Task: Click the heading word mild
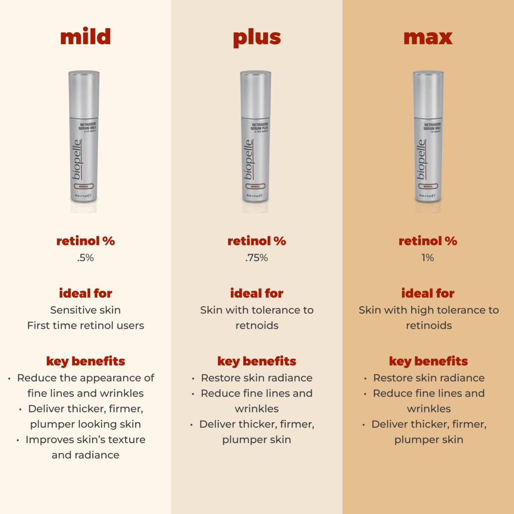click(x=85, y=37)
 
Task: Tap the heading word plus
click(x=256, y=38)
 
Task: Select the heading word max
click(x=428, y=37)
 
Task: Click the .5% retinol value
click(x=85, y=258)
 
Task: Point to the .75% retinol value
click(x=256, y=258)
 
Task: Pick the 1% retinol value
click(x=428, y=258)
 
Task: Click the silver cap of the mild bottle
click(x=84, y=93)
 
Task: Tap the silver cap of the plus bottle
click(x=255, y=93)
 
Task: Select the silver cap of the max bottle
click(x=428, y=93)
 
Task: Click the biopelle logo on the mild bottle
click(x=77, y=160)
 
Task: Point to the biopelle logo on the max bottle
click(x=421, y=160)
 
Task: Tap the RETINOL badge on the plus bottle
click(x=255, y=186)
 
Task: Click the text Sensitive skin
click(x=85, y=310)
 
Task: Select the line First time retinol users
click(x=85, y=325)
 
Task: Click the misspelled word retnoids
click(x=256, y=325)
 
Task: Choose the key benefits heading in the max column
click(x=428, y=361)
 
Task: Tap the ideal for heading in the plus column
click(x=256, y=293)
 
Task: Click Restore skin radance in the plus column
click(x=256, y=378)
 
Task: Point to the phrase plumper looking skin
click(x=85, y=424)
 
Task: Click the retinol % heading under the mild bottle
click(x=85, y=241)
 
